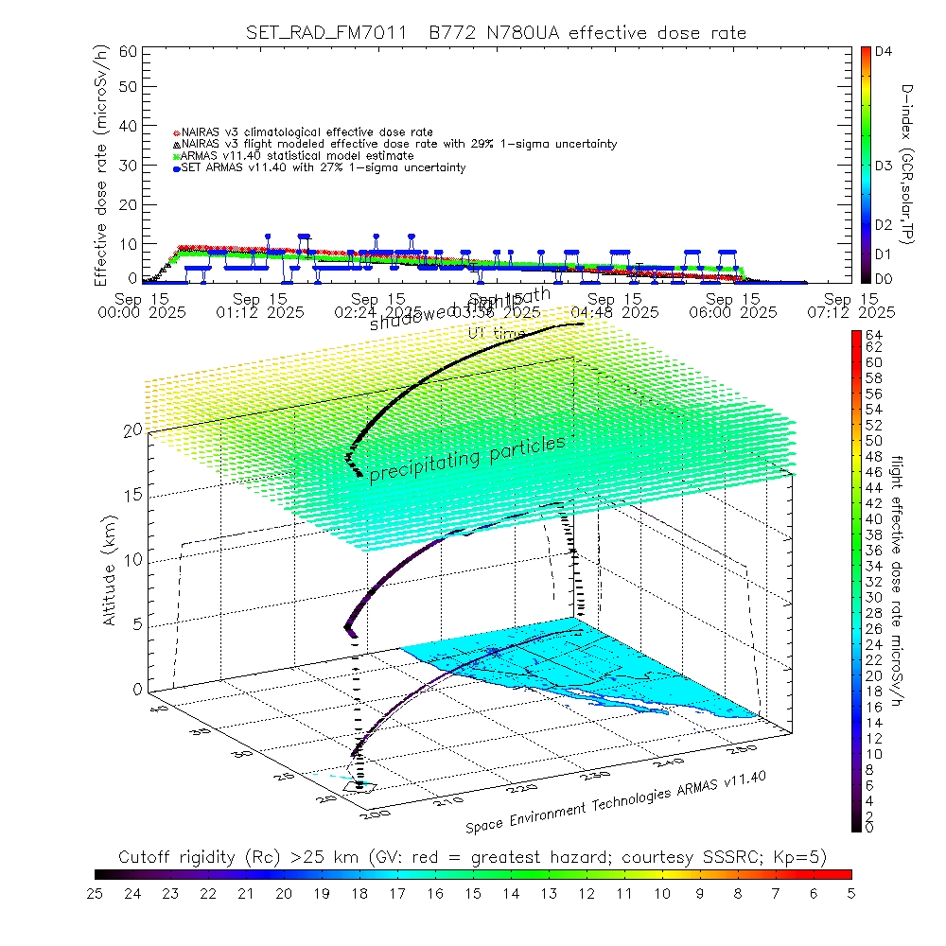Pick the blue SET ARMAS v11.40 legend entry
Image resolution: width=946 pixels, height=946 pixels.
click(322, 168)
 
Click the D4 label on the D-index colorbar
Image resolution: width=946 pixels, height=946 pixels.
click(885, 52)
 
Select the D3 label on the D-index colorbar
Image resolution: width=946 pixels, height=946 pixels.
click(885, 166)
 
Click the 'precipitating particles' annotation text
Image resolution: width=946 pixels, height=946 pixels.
click(466, 460)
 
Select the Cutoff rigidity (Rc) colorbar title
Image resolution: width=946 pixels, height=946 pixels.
click(473, 857)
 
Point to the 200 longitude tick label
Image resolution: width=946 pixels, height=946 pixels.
click(365, 812)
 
